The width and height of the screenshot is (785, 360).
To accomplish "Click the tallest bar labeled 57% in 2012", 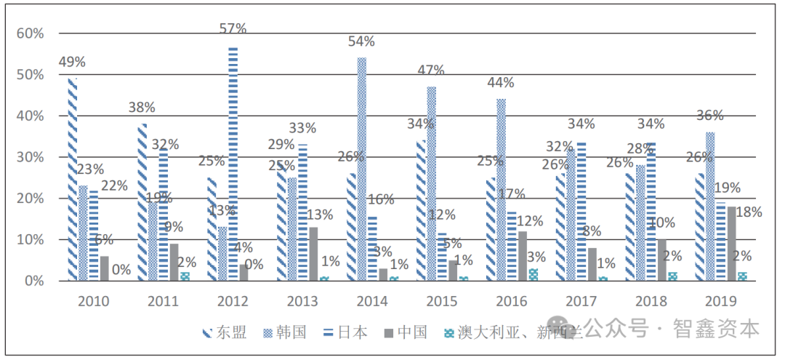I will tap(233, 164).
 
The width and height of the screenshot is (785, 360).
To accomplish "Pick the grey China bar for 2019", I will tap(730, 244).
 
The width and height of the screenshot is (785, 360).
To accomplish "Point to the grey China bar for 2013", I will tap(313, 254).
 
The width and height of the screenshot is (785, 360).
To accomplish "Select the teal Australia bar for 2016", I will tap(534, 274).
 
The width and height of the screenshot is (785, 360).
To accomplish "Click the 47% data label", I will tap(431, 71).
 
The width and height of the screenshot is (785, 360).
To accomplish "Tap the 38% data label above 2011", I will tap(142, 108).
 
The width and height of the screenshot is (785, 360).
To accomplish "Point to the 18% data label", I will tap(749, 212).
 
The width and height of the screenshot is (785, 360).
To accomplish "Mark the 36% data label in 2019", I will tap(709, 116).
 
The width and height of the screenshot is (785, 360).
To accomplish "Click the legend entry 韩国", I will tap(292, 333).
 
